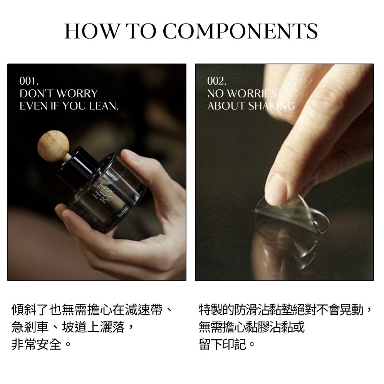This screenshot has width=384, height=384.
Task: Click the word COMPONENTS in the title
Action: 240,31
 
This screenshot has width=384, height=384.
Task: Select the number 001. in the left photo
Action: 29,81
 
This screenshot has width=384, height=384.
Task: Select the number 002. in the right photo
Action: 217,81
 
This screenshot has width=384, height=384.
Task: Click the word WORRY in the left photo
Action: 77,94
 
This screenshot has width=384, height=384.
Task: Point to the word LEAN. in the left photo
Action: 104,106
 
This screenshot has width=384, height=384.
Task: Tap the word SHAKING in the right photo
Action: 272,106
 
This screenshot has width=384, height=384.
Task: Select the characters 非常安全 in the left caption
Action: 37,344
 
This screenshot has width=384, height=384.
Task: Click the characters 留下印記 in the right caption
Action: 223,344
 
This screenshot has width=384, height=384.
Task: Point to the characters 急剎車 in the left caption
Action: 30,327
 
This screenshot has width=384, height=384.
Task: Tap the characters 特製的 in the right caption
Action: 217,310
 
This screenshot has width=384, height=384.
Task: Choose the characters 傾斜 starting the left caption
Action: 24,310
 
